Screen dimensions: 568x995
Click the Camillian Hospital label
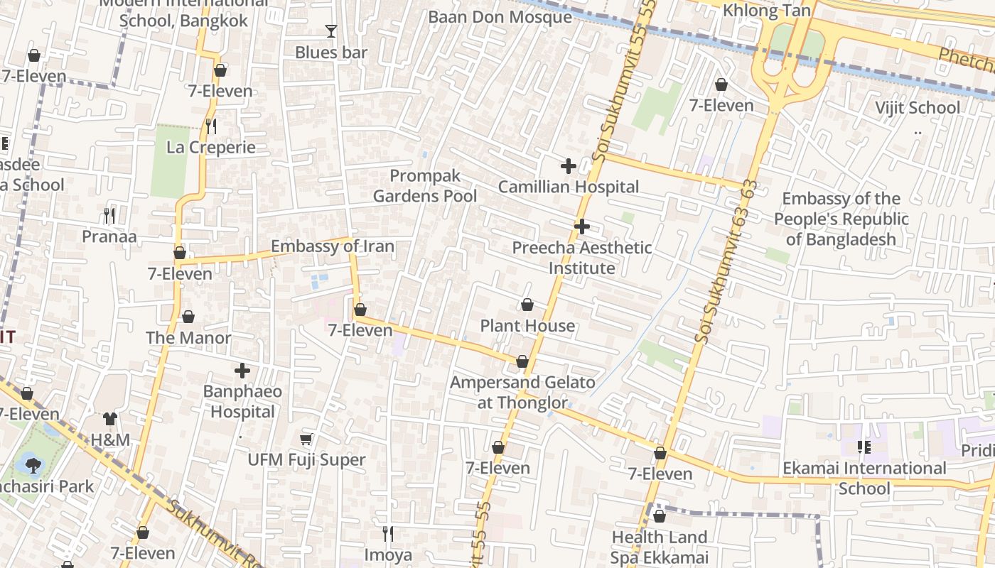tap(569, 187)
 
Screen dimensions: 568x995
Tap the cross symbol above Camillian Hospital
tap(569, 166)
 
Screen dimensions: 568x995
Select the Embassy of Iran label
tap(332, 246)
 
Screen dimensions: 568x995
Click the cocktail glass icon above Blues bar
tap(330, 31)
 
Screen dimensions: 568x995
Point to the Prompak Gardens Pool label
tap(425, 186)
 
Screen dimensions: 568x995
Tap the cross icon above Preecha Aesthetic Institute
tap(582, 226)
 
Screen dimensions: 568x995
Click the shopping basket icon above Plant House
tap(527, 305)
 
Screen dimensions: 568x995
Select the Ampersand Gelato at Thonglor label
tap(522, 393)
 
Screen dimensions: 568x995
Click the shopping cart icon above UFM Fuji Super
tap(306, 439)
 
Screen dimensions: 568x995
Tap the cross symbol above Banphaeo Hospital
tap(242, 371)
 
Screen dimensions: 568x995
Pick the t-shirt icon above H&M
tap(110, 419)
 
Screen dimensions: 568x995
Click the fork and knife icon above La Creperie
tap(210, 126)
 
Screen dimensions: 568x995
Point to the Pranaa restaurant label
tap(109, 236)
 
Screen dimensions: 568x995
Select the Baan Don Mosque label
tap(500, 16)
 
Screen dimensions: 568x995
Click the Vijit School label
tap(918, 108)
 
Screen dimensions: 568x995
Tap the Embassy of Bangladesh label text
tap(841, 219)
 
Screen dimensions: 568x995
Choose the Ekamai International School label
tap(864, 478)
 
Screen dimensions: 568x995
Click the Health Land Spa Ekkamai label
tap(660, 547)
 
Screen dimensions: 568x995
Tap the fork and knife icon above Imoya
tap(388, 533)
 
